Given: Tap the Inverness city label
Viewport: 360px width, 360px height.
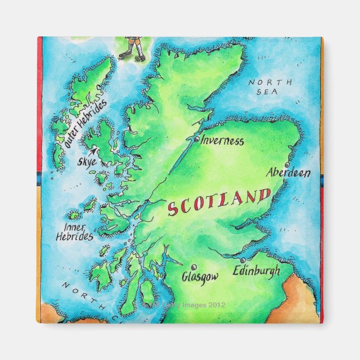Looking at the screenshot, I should (x=222, y=141).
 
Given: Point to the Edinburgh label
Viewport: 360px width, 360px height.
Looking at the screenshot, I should (x=257, y=271).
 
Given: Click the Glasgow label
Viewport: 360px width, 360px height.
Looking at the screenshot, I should (x=200, y=277).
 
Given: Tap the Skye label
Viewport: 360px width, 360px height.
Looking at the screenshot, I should (x=87, y=162).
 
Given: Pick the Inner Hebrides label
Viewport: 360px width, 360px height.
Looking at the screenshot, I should (x=74, y=232).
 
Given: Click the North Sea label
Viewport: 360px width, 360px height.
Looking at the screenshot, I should (x=270, y=87).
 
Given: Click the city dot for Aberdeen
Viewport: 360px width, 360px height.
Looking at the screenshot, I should (x=286, y=165).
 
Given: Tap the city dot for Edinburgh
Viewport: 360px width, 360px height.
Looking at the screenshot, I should (x=242, y=260).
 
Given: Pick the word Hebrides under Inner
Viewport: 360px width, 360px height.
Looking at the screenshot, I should (x=74, y=236).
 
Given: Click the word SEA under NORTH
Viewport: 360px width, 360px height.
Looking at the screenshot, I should (x=271, y=92).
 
